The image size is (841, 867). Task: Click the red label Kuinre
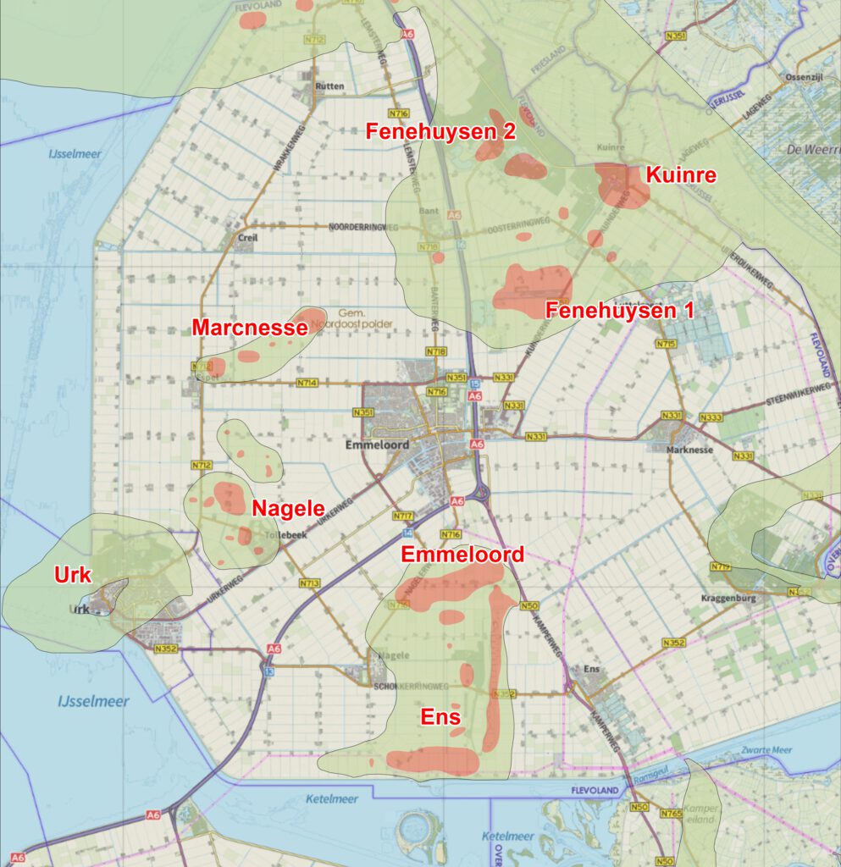(x=681, y=175)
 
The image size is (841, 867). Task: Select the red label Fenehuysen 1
(x=619, y=310)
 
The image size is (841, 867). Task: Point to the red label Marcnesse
(x=249, y=327)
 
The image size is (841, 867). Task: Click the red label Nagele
(x=288, y=508)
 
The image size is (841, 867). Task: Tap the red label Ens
(x=440, y=718)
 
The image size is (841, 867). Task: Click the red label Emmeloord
(x=462, y=555)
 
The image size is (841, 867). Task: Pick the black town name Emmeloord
(x=377, y=445)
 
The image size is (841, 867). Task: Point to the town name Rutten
(x=329, y=86)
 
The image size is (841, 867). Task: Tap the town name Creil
(x=247, y=239)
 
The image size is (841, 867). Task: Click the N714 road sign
(x=307, y=383)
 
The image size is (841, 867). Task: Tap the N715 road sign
(x=665, y=344)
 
